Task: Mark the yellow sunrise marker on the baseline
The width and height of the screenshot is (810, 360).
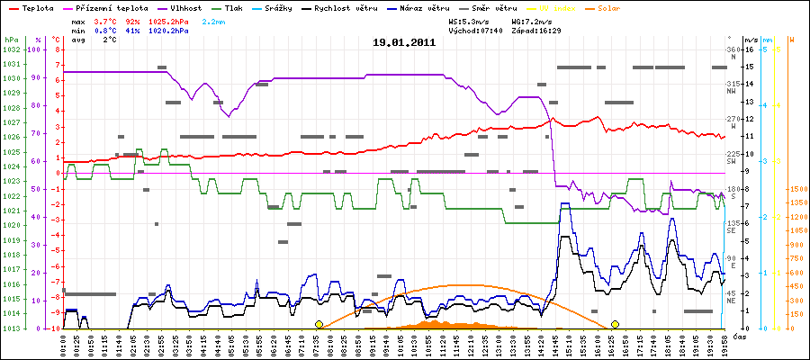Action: [319, 324]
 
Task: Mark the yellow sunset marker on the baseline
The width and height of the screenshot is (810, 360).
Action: [615, 324]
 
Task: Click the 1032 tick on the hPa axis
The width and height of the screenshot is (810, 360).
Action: [11, 50]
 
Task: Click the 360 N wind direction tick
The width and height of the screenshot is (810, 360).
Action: [737, 50]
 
